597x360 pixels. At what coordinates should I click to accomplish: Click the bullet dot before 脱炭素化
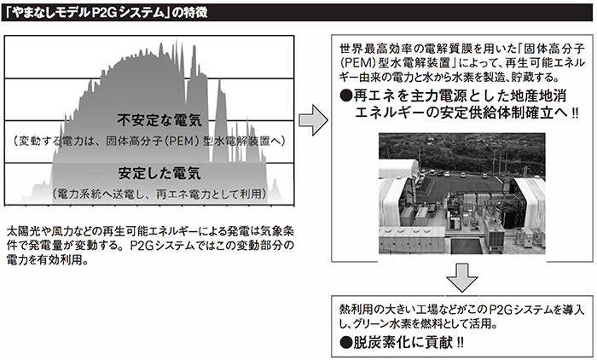pyautogui.click(x=345, y=344)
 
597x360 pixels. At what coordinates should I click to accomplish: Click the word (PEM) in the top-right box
pyautogui.click(x=362, y=62)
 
